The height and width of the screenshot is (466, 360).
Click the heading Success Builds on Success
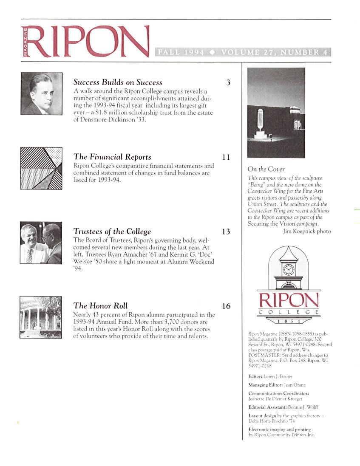coord(118,82)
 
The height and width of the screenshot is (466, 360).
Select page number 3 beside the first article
coord(228,83)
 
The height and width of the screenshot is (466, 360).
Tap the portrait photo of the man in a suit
coord(41,94)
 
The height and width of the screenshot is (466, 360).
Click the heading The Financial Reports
coord(112,157)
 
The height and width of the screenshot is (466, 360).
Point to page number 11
coord(226,157)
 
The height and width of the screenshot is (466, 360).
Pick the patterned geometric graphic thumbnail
coord(41,168)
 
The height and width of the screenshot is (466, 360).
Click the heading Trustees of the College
coord(112,232)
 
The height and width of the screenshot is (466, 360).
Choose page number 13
coord(226,232)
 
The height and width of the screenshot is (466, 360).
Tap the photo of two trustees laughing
coord(41,243)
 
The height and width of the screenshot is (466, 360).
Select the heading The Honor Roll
coord(100,306)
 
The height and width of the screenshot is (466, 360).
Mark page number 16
coord(226,306)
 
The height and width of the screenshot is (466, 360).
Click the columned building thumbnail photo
coord(41,317)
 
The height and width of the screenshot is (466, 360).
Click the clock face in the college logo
coord(288,270)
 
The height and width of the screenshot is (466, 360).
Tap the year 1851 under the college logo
coord(289,322)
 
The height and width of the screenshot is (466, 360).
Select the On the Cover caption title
coord(266,169)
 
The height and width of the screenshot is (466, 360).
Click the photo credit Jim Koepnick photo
coord(306,232)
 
